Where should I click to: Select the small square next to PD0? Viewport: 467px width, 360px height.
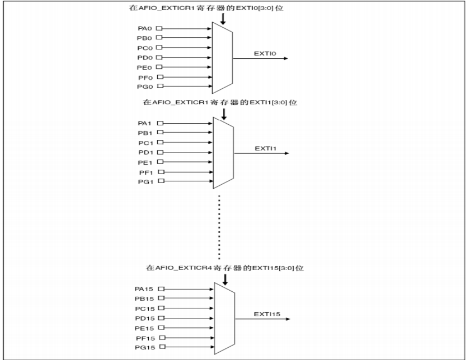pos(159,57)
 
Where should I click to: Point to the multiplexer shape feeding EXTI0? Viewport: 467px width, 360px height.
pos(223,57)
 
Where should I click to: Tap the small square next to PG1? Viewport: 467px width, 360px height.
pos(160,181)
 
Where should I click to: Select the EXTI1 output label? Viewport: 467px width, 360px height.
pos(263,148)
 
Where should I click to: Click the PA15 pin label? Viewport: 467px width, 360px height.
pos(144,289)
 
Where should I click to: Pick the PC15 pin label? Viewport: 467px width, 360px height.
pos(144,308)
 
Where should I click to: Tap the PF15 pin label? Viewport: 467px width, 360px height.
pos(144,337)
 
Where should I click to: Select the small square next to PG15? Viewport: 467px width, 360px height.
pos(162,347)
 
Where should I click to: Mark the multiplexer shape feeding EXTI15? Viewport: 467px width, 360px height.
pos(224,318)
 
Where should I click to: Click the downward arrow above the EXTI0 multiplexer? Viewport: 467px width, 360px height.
pos(223,18)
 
